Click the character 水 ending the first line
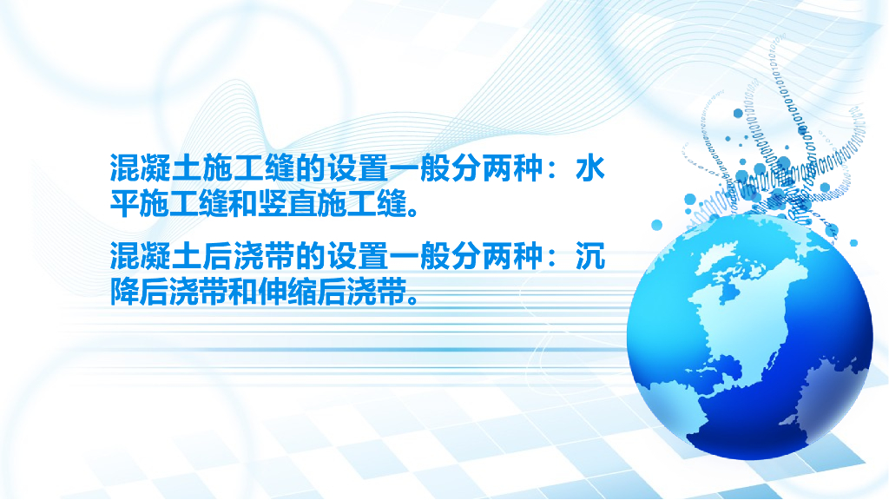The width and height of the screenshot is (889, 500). tap(590, 169)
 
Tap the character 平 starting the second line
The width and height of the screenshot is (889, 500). tap(125, 203)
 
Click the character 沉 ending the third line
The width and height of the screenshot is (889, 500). tap(590, 256)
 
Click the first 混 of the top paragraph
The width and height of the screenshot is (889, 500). tap(125, 169)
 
